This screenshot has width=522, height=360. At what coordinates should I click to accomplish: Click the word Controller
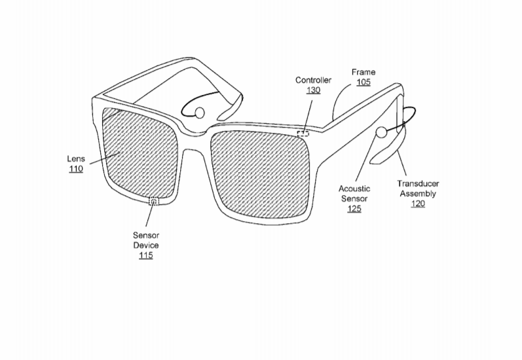[313, 81]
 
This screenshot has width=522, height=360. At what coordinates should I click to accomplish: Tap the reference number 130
[313, 90]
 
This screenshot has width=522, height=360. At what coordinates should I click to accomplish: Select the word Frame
[364, 72]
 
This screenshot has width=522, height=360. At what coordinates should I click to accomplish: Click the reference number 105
[364, 82]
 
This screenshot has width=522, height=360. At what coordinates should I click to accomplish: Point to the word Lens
[76, 158]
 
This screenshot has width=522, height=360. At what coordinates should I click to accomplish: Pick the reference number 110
[76, 169]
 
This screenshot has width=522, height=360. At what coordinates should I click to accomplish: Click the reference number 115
[146, 255]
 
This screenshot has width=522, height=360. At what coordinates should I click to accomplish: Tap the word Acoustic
[354, 189]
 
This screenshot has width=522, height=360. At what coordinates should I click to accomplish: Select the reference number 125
[354, 209]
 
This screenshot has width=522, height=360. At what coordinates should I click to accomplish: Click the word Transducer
[418, 184]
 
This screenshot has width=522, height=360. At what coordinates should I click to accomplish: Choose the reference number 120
[418, 204]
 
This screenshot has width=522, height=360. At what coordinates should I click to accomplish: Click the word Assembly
[418, 194]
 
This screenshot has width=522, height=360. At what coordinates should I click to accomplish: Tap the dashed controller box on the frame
[303, 134]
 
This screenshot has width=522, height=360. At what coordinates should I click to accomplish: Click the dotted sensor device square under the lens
[154, 201]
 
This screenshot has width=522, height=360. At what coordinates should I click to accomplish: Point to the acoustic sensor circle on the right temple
[381, 132]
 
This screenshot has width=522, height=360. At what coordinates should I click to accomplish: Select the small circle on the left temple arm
[199, 113]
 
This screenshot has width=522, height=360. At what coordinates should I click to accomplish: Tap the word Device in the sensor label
[146, 245]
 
